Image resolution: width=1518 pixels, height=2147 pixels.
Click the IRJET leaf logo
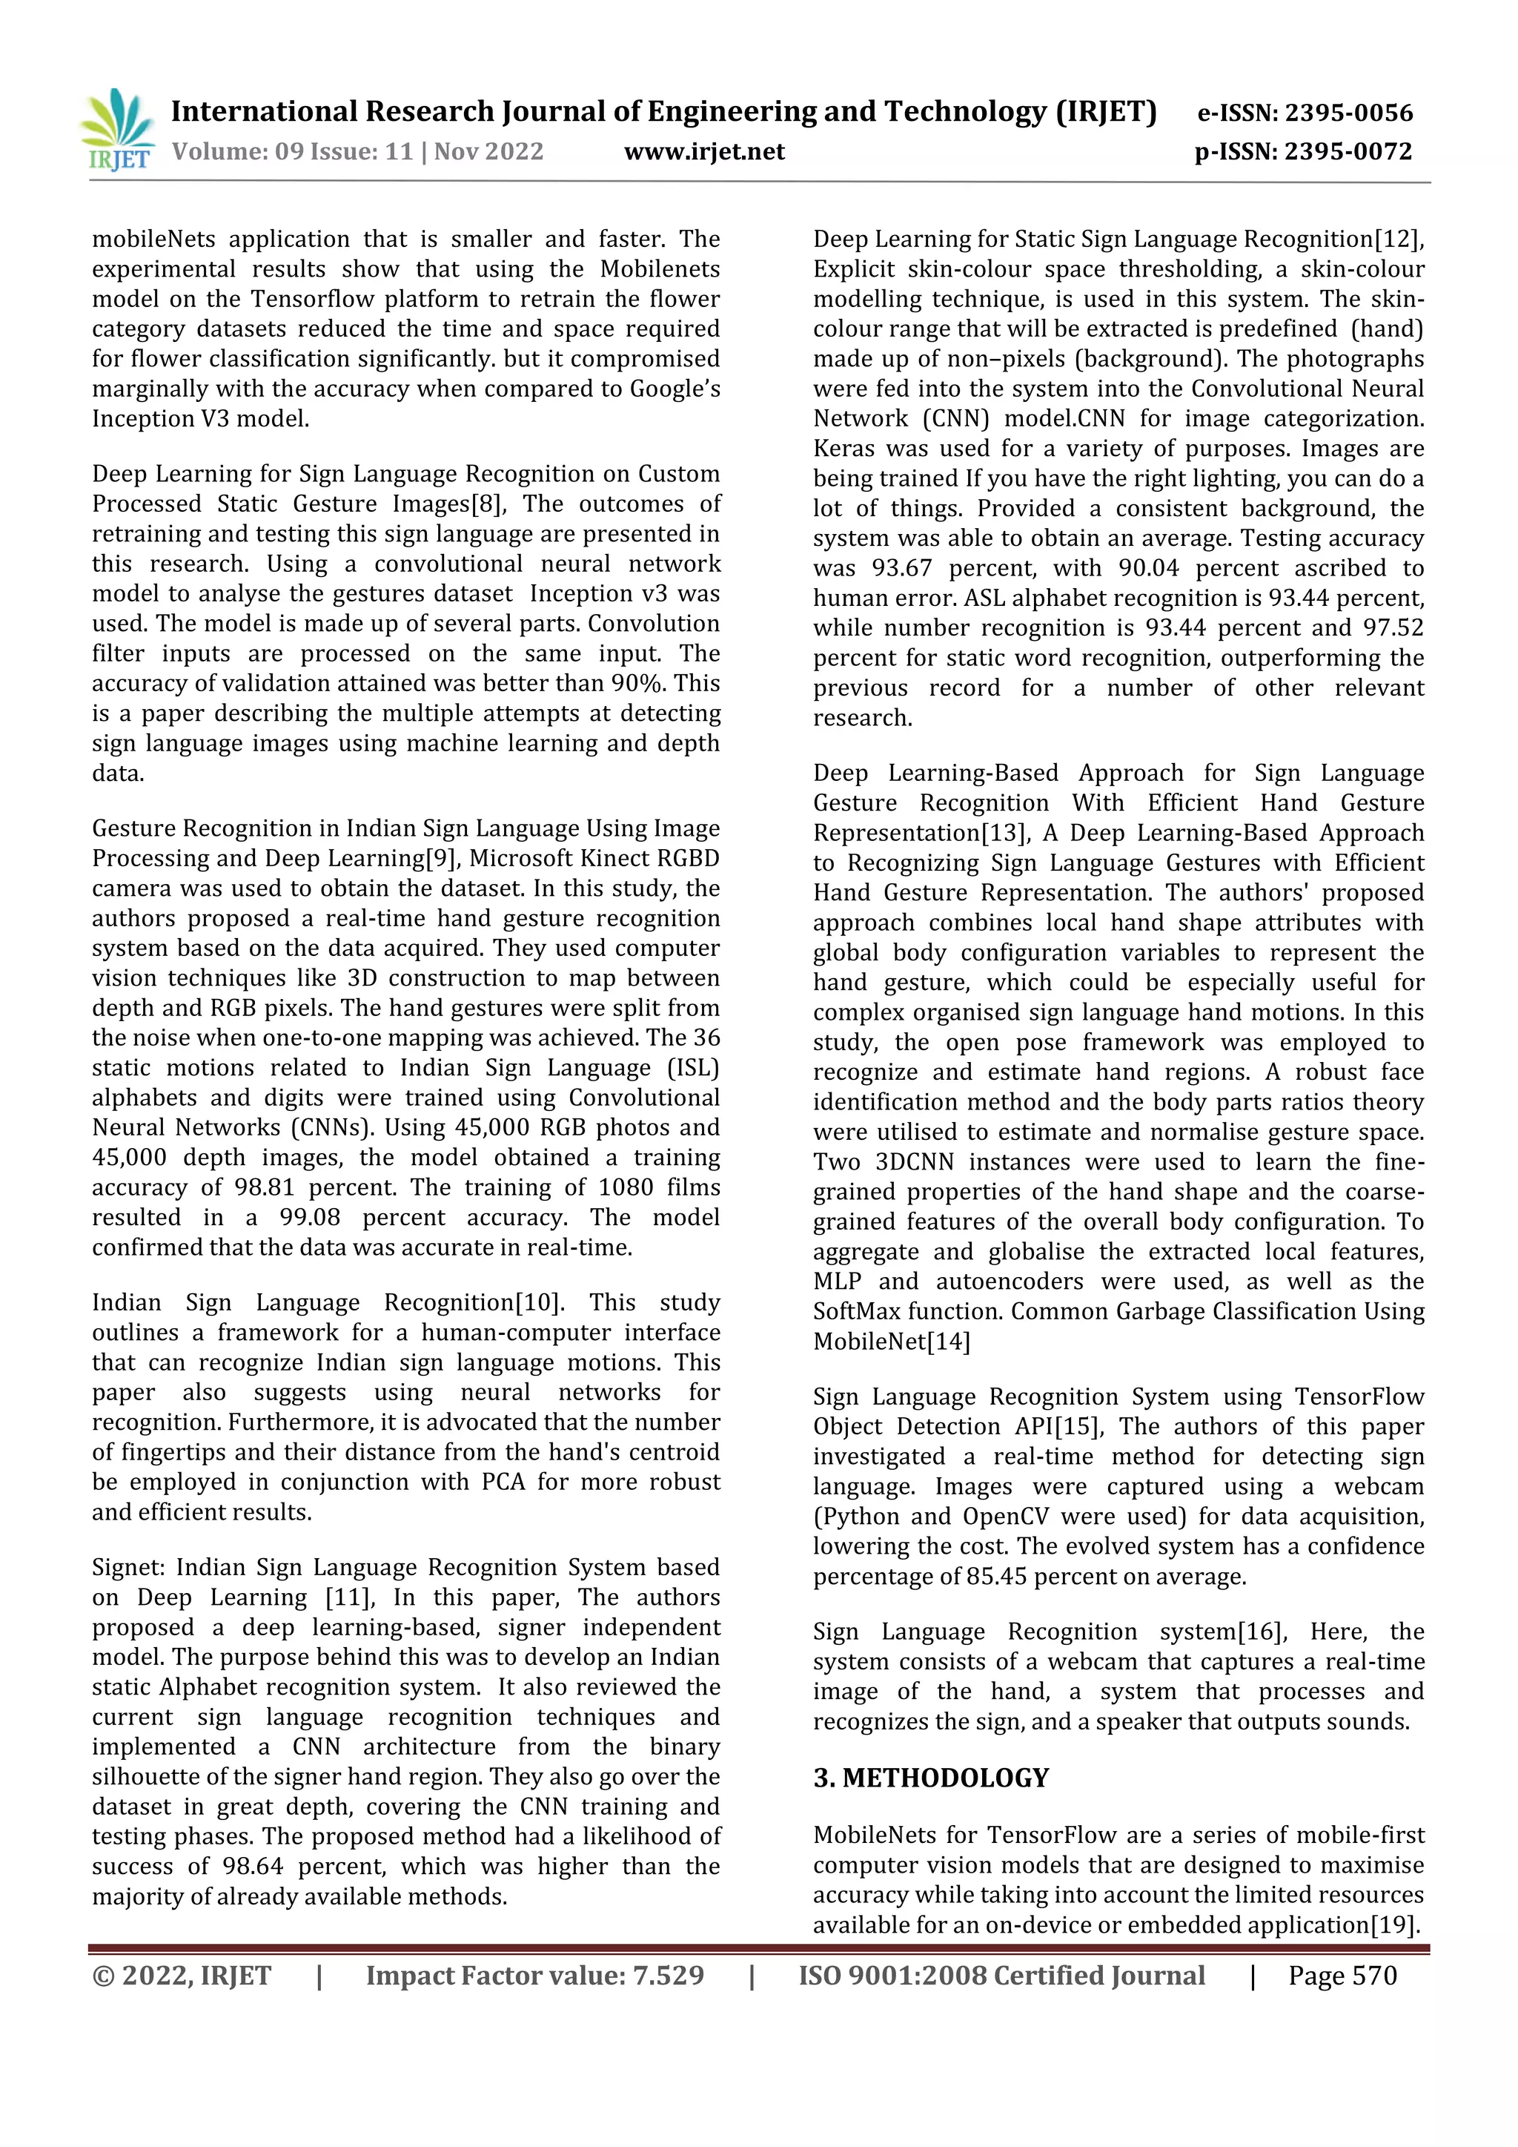pos(118,129)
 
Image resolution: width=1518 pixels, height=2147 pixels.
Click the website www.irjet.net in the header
pos(704,151)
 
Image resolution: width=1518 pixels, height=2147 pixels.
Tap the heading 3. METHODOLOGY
pos(931,1778)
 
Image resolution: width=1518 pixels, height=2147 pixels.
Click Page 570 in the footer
pos(1342,1976)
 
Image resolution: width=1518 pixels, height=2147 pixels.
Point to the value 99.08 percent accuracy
pos(309,1218)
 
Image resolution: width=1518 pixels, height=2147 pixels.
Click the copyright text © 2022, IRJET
pos(182,1976)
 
